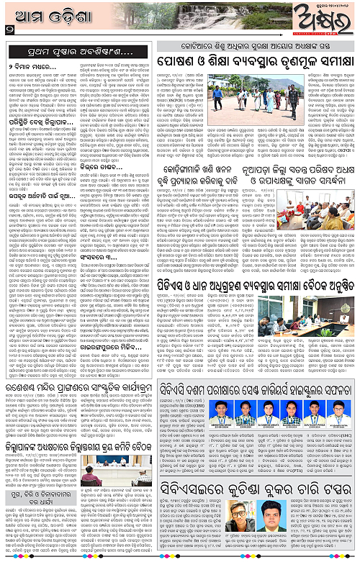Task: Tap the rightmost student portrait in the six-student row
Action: point(340,412)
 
